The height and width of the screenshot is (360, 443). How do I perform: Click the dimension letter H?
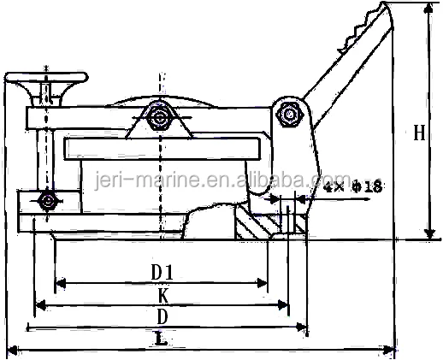pyautogui.click(x=419, y=133)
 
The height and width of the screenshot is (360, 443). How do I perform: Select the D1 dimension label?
pyautogui.click(x=162, y=272)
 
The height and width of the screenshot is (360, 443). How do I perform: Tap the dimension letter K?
pyautogui.click(x=163, y=296)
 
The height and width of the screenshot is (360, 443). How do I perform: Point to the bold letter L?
pyautogui.click(x=162, y=339)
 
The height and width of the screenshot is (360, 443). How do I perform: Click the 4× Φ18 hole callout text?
pyautogui.click(x=353, y=186)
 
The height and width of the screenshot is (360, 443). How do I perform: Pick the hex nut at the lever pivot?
pyautogui.click(x=290, y=115)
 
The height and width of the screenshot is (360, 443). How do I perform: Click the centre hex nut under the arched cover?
pyautogui.click(x=161, y=116)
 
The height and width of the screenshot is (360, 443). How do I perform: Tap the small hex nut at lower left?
pyautogui.click(x=48, y=201)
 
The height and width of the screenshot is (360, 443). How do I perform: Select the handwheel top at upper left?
pyautogui.click(x=46, y=77)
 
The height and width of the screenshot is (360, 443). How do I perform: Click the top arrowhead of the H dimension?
pyautogui.click(x=428, y=10)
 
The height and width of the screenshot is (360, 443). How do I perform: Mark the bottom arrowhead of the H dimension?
pyautogui.click(x=429, y=233)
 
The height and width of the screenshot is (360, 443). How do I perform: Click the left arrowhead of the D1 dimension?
pyautogui.click(x=61, y=283)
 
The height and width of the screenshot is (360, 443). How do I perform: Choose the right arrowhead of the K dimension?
pyautogui.click(x=283, y=305)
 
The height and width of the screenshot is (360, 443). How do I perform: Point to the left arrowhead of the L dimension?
pyautogui.click(x=13, y=350)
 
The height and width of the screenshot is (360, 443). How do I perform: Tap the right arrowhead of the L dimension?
pyautogui.click(x=388, y=350)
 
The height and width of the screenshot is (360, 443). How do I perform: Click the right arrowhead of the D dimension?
pyautogui.click(x=301, y=327)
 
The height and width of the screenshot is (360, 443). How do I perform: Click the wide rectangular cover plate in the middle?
pyautogui.click(x=162, y=149)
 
